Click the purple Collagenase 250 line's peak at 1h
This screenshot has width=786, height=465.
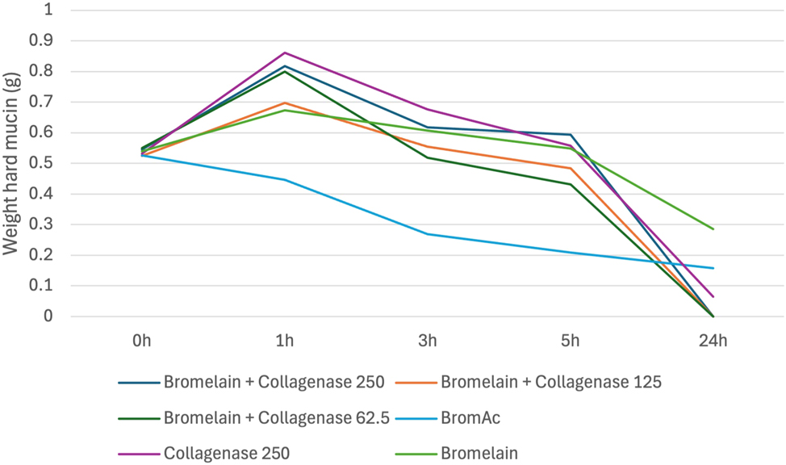[x=285, y=52]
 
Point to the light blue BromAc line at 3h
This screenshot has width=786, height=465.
[x=428, y=234]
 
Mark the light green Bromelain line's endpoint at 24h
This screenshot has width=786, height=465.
[x=713, y=228]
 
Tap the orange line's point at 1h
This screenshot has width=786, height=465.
[x=285, y=103]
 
